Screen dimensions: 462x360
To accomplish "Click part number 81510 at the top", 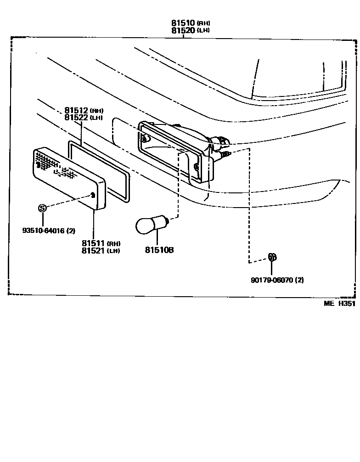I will point(183,23).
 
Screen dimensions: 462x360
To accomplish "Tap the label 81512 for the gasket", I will point(76,110).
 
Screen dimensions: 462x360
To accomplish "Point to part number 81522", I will point(76,118).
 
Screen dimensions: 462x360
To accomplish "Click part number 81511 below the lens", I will point(93,243).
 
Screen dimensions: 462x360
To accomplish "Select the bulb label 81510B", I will point(159,250).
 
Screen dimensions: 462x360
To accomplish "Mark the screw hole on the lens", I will point(93,195).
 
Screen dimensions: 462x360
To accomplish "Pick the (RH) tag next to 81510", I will point(204,23).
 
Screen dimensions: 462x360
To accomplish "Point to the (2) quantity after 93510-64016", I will point(71,231).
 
